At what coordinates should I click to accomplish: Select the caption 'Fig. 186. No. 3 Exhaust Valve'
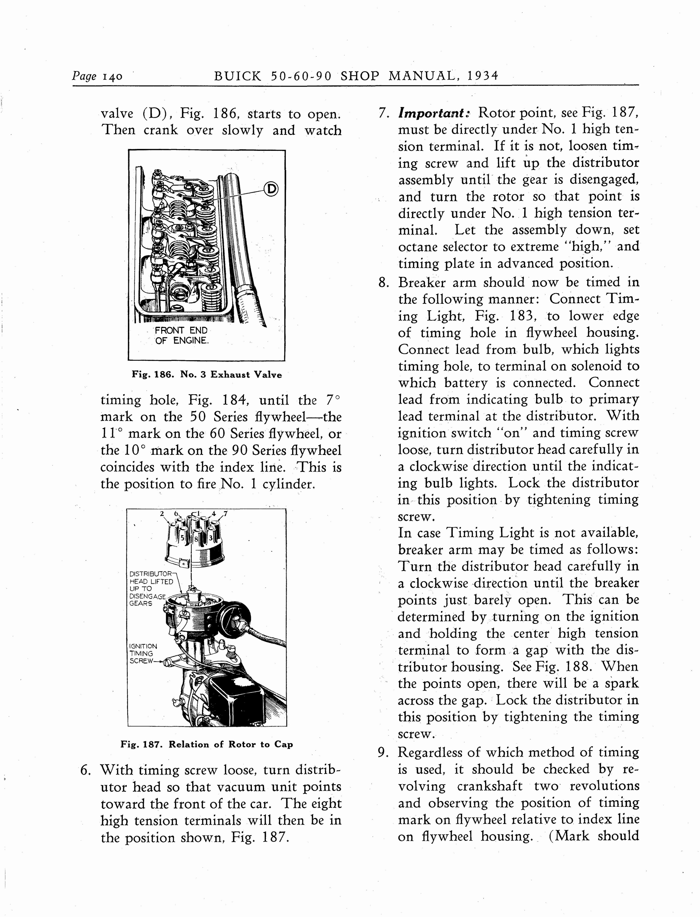[x=207, y=375]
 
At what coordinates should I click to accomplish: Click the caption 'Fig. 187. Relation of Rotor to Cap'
[x=207, y=744]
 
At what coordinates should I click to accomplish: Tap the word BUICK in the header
[x=238, y=76]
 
